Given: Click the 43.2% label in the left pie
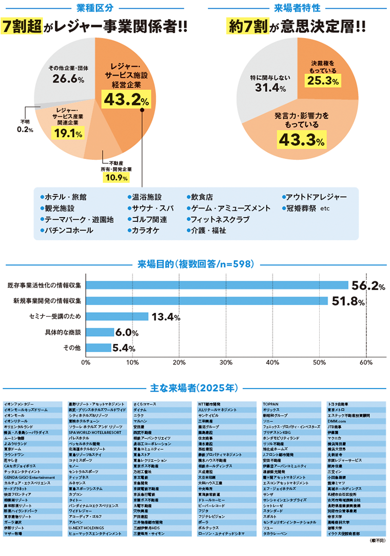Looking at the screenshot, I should (x=123, y=99).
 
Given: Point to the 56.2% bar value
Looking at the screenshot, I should (x=367, y=285).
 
